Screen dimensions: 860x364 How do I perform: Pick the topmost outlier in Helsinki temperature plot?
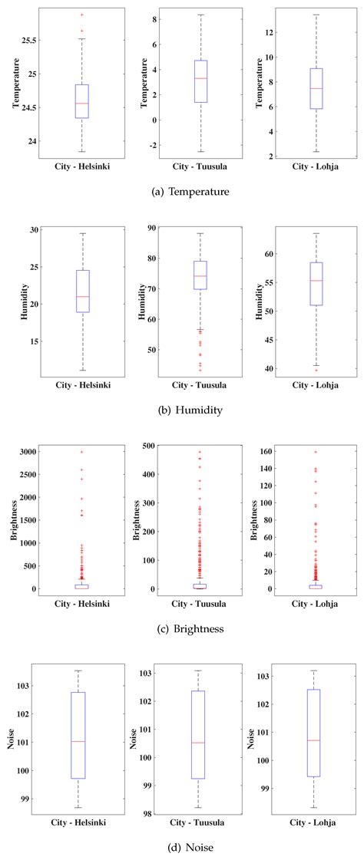tap(82, 15)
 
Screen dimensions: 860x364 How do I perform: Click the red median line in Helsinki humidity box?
tap(82, 296)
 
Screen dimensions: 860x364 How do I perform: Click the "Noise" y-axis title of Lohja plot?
tap(251, 739)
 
